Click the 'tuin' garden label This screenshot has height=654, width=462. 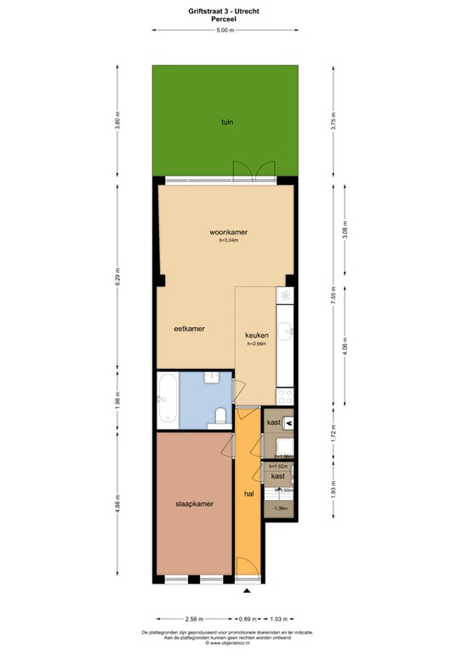pos(226,123)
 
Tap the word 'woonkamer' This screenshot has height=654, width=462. pos(229,232)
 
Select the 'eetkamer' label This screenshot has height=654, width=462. pos(190,328)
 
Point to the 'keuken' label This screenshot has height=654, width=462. pos(257,335)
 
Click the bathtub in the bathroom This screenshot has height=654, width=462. pos(167,399)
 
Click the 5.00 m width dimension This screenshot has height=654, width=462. pos(225,30)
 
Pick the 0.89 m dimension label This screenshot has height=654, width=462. pos(247,619)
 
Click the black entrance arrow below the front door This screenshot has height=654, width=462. pos(248,591)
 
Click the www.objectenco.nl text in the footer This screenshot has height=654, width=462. pos(230,644)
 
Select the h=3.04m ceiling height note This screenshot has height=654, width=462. pos(229,241)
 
